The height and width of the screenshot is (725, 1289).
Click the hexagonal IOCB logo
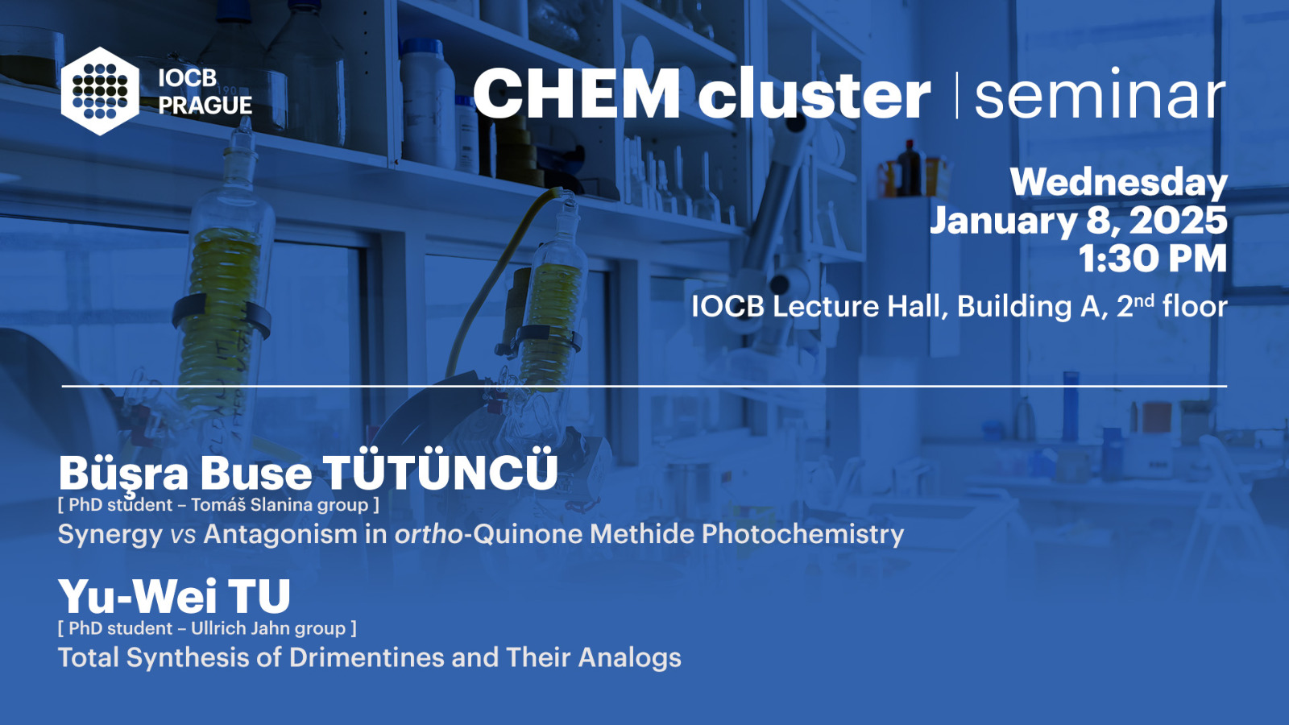[100, 91]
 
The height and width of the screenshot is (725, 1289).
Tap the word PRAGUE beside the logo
[205, 106]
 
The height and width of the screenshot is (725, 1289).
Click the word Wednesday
[1119, 182]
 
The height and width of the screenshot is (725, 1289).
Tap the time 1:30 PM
[1153, 259]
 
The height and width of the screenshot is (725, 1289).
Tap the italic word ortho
[429, 534]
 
